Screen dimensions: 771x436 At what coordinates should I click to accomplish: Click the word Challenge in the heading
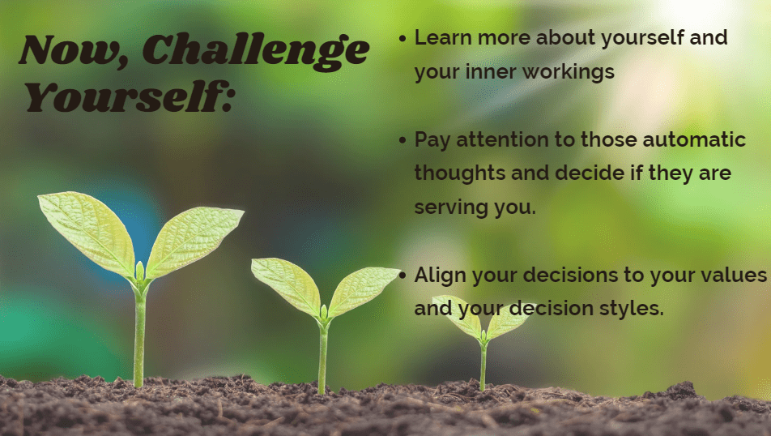point(256,51)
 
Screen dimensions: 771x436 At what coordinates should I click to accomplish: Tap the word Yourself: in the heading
point(129,97)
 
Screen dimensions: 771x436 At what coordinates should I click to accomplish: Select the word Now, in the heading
point(74,51)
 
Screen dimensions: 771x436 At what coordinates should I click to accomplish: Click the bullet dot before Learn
point(403,38)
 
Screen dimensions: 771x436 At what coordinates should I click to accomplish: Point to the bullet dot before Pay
point(403,140)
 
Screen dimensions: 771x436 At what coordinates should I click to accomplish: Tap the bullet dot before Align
point(403,276)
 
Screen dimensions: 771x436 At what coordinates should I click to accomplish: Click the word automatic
point(694,139)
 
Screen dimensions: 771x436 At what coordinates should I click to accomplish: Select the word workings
point(568,73)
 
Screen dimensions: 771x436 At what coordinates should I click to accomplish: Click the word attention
point(502,139)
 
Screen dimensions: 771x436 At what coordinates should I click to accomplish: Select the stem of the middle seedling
point(322,357)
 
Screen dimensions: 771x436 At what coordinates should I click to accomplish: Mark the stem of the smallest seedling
point(483,365)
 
